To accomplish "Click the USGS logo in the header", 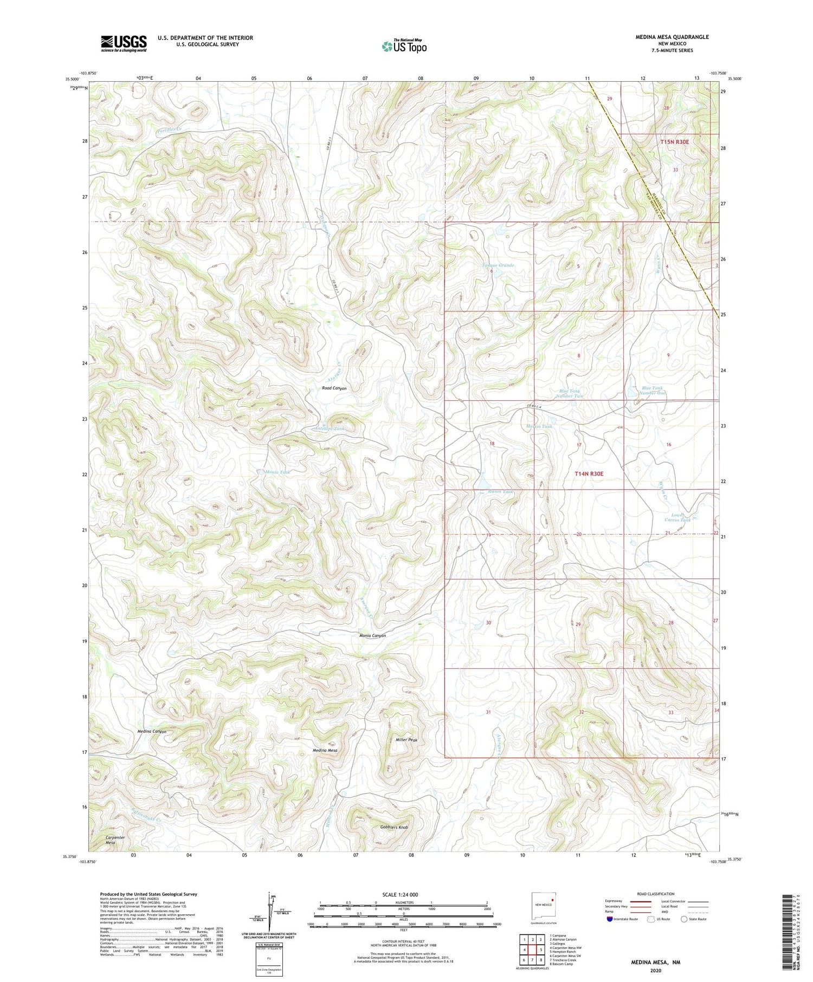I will [x=124, y=43].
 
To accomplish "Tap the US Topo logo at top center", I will [x=404, y=46].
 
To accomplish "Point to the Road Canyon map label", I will [x=334, y=388].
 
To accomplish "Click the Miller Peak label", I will [x=406, y=739].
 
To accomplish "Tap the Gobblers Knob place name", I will [x=393, y=828].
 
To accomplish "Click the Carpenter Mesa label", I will [x=114, y=840].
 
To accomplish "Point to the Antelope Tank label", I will [x=329, y=428].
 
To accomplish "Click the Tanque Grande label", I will [x=498, y=265].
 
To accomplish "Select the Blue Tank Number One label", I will [x=653, y=390].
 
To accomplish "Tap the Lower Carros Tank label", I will [x=677, y=517].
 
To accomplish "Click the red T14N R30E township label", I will [x=589, y=473].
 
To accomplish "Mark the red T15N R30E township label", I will [x=674, y=142].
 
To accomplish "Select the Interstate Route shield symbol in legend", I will [x=610, y=919].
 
